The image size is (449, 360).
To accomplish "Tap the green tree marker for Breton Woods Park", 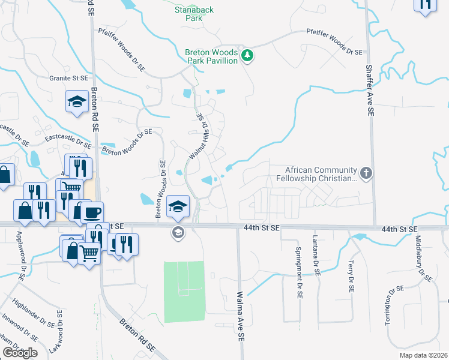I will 247,56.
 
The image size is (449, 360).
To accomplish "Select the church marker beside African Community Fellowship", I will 366,173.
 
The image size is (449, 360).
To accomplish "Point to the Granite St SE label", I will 68,79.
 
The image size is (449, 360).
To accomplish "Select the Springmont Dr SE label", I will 298,268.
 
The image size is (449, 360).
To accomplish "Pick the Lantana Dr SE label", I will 315,254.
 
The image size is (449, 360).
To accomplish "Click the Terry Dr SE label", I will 351,275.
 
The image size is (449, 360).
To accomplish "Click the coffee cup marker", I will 92,212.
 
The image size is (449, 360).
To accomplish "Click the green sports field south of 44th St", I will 184,291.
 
